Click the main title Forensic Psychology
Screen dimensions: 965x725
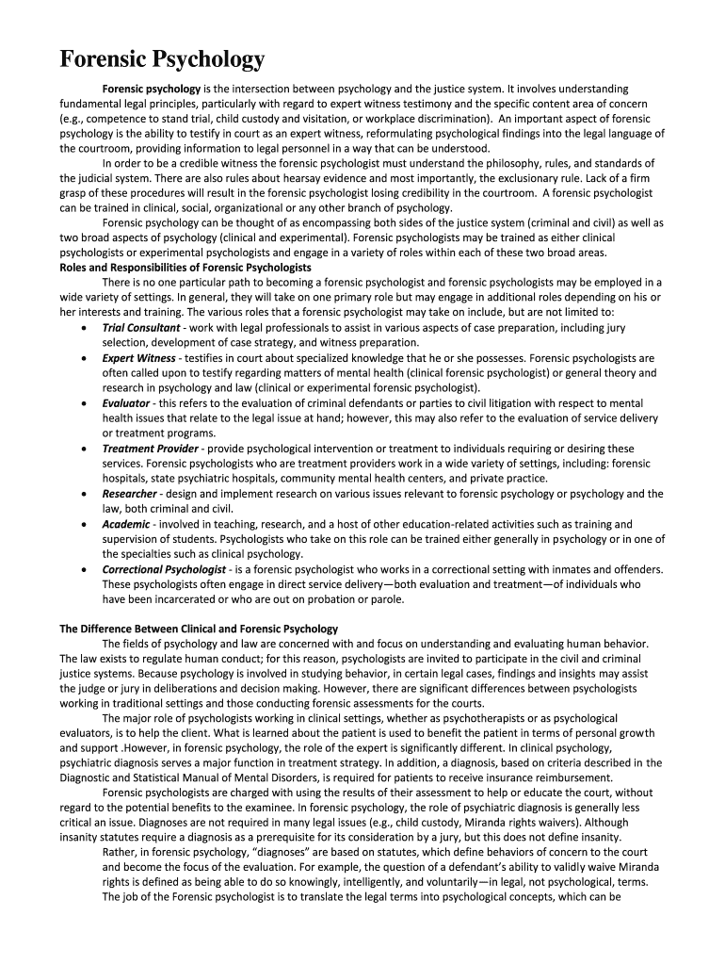[162, 60]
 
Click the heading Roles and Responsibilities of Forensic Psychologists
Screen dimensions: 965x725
[185, 267]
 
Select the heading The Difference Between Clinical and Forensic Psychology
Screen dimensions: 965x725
[199, 629]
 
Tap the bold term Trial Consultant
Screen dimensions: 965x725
[141, 328]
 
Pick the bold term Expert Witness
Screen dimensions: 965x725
[138, 358]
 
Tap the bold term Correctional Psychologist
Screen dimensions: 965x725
[164, 569]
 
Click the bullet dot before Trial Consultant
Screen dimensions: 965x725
[86, 328]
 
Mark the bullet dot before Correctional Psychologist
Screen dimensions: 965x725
[86, 569]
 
